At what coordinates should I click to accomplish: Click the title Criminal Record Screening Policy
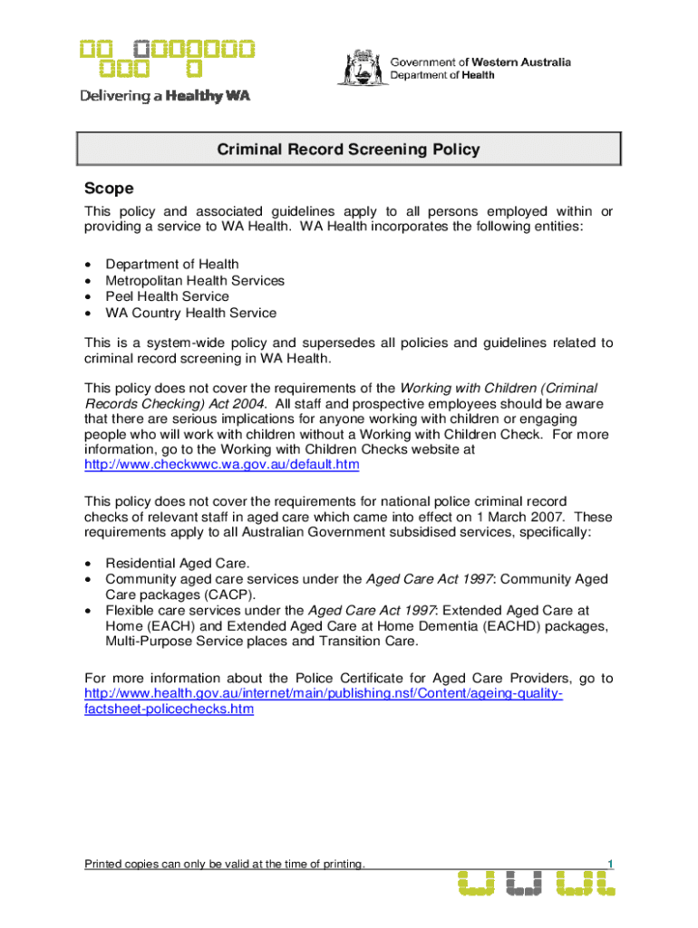[348, 150]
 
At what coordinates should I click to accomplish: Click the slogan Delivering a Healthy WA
[165, 96]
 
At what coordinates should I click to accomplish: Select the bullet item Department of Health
[172, 265]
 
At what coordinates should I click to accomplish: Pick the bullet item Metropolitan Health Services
[195, 281]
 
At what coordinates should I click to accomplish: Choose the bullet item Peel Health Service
[167, 296]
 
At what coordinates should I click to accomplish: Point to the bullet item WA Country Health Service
[190, 314]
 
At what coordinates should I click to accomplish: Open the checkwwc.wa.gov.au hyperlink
[221, 465]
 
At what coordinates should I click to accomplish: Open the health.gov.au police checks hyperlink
[323, 694]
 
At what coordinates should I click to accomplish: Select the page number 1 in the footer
[611, 864]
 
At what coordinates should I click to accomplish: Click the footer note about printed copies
[225, 864]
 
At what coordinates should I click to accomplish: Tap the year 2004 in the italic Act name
[247, 402]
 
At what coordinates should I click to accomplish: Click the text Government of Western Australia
[480, 63]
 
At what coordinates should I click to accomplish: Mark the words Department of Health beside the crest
[442, 76]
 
